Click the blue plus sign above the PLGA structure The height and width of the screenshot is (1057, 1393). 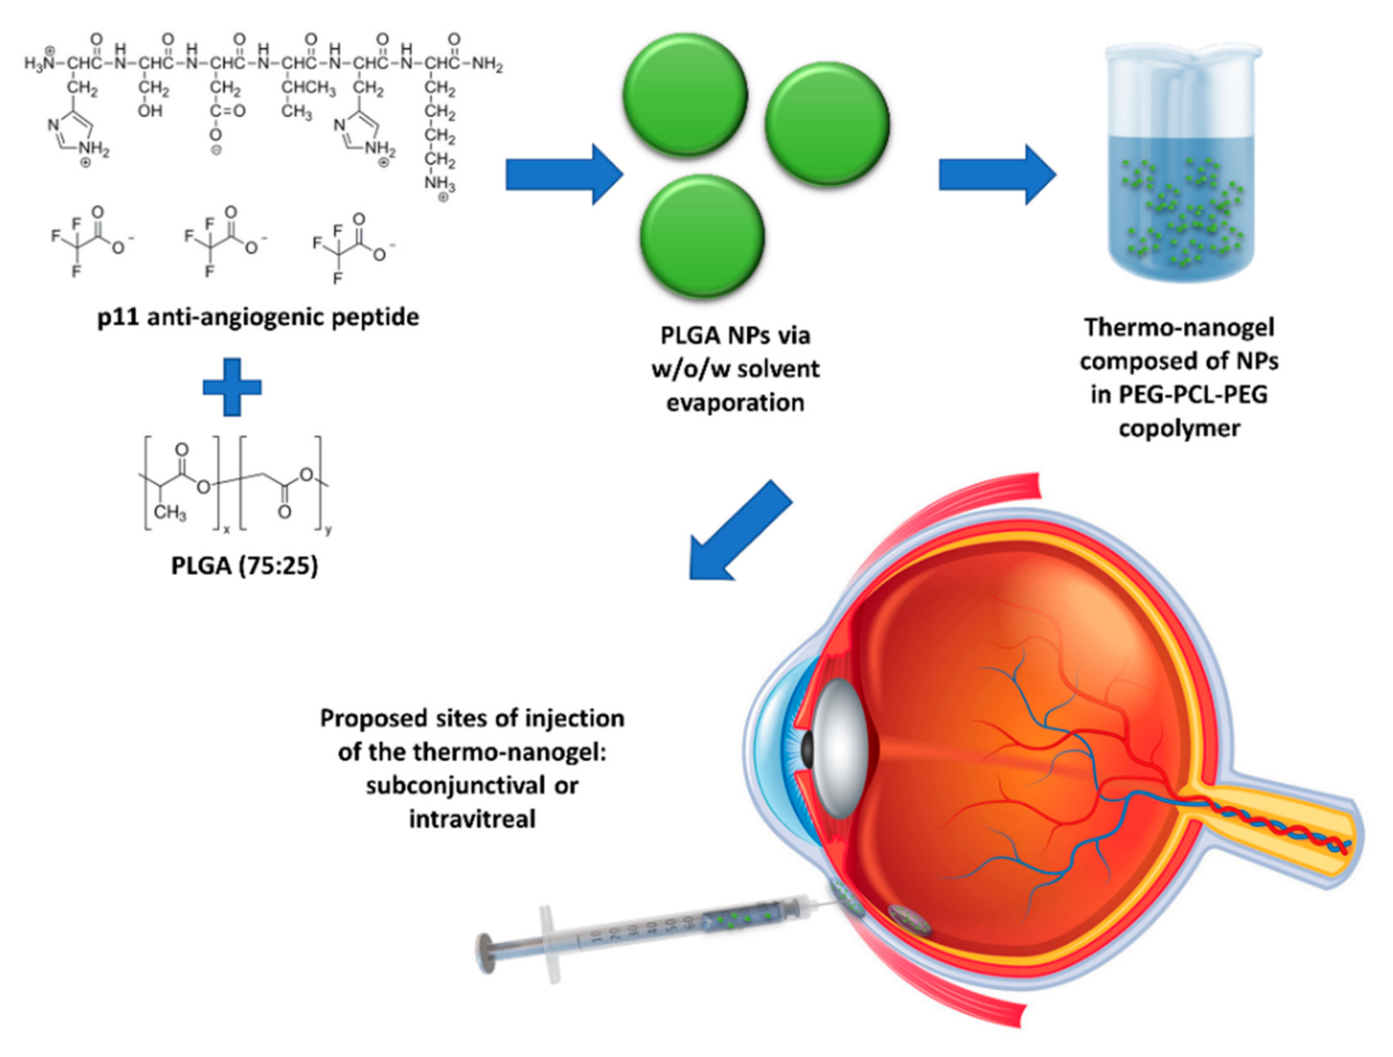(x=232, y=387)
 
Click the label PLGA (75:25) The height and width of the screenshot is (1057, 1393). (x=244, y=565)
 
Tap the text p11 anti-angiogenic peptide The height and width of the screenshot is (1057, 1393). (x=258, y=317)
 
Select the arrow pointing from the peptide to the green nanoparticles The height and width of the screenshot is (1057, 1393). (x=563, y=174)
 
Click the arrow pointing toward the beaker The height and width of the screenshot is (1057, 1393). (x=997, y=174)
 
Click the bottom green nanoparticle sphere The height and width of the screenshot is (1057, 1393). (x=702, y=236)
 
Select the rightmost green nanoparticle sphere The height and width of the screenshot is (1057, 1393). (x=827, y=123)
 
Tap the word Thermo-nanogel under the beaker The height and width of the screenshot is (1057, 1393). (x=1178, y=327)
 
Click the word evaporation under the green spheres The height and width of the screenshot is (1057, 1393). (x=734, y=403)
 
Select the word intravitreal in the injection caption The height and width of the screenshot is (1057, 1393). (x=472, y=818)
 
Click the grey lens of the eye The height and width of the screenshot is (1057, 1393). (x=840, y=747)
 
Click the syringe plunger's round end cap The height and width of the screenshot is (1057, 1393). (x=486, y=953)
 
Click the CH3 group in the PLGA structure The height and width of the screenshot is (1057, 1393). (x=169, y=513)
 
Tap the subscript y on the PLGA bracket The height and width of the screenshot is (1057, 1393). (x=328, y=530)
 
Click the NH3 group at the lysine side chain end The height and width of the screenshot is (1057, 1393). (x=439, y=184)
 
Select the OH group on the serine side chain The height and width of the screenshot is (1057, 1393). (x=150, y=111)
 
